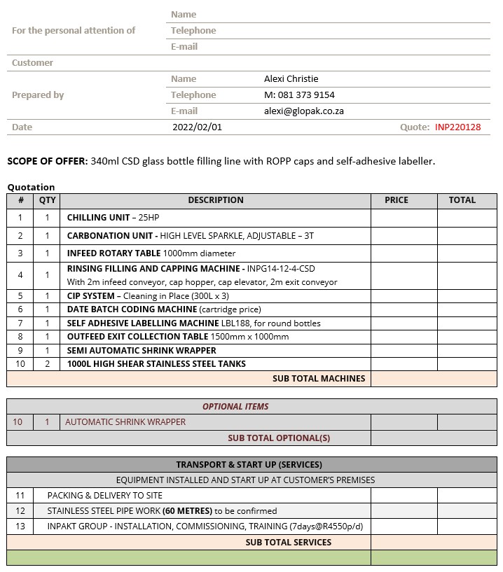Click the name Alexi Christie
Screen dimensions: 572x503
click(291, 79)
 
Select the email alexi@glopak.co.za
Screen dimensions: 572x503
click(303, 111)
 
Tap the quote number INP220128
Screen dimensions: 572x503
click(457, 127)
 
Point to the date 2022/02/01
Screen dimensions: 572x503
click(197, 127)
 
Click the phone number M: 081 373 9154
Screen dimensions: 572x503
click(299, 95)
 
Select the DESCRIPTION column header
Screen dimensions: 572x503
click(216, 200)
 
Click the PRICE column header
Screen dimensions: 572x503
click(397, 200)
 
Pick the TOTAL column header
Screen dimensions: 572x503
click(462, 200)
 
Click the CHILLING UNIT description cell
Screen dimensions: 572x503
click(113, 218)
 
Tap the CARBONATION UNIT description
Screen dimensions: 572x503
click(190, 236)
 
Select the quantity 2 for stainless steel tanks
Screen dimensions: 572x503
click(48, 364)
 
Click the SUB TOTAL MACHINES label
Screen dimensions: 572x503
click(319, 379)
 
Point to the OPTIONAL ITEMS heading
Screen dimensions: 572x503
click(235, 407)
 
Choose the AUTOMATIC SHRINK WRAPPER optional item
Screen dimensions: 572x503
click(125, 422)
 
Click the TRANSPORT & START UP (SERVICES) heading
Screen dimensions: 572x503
click(249, 465)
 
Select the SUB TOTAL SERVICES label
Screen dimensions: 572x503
click(288, 543)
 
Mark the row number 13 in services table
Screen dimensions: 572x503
click(20, 526)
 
